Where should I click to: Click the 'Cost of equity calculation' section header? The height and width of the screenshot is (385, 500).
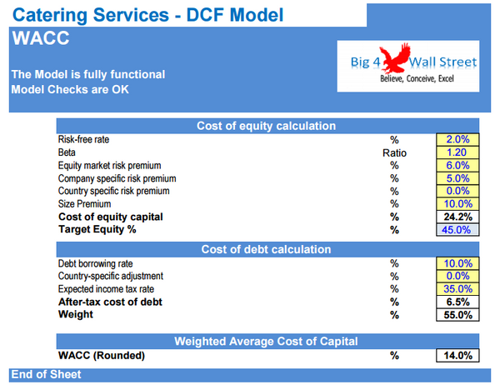pos(266,126)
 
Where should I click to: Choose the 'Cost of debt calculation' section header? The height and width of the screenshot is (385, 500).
pos(266,249)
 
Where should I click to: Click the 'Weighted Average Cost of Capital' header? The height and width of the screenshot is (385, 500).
pos(266,341)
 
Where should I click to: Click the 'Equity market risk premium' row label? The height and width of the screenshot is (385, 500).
pos(109,166)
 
